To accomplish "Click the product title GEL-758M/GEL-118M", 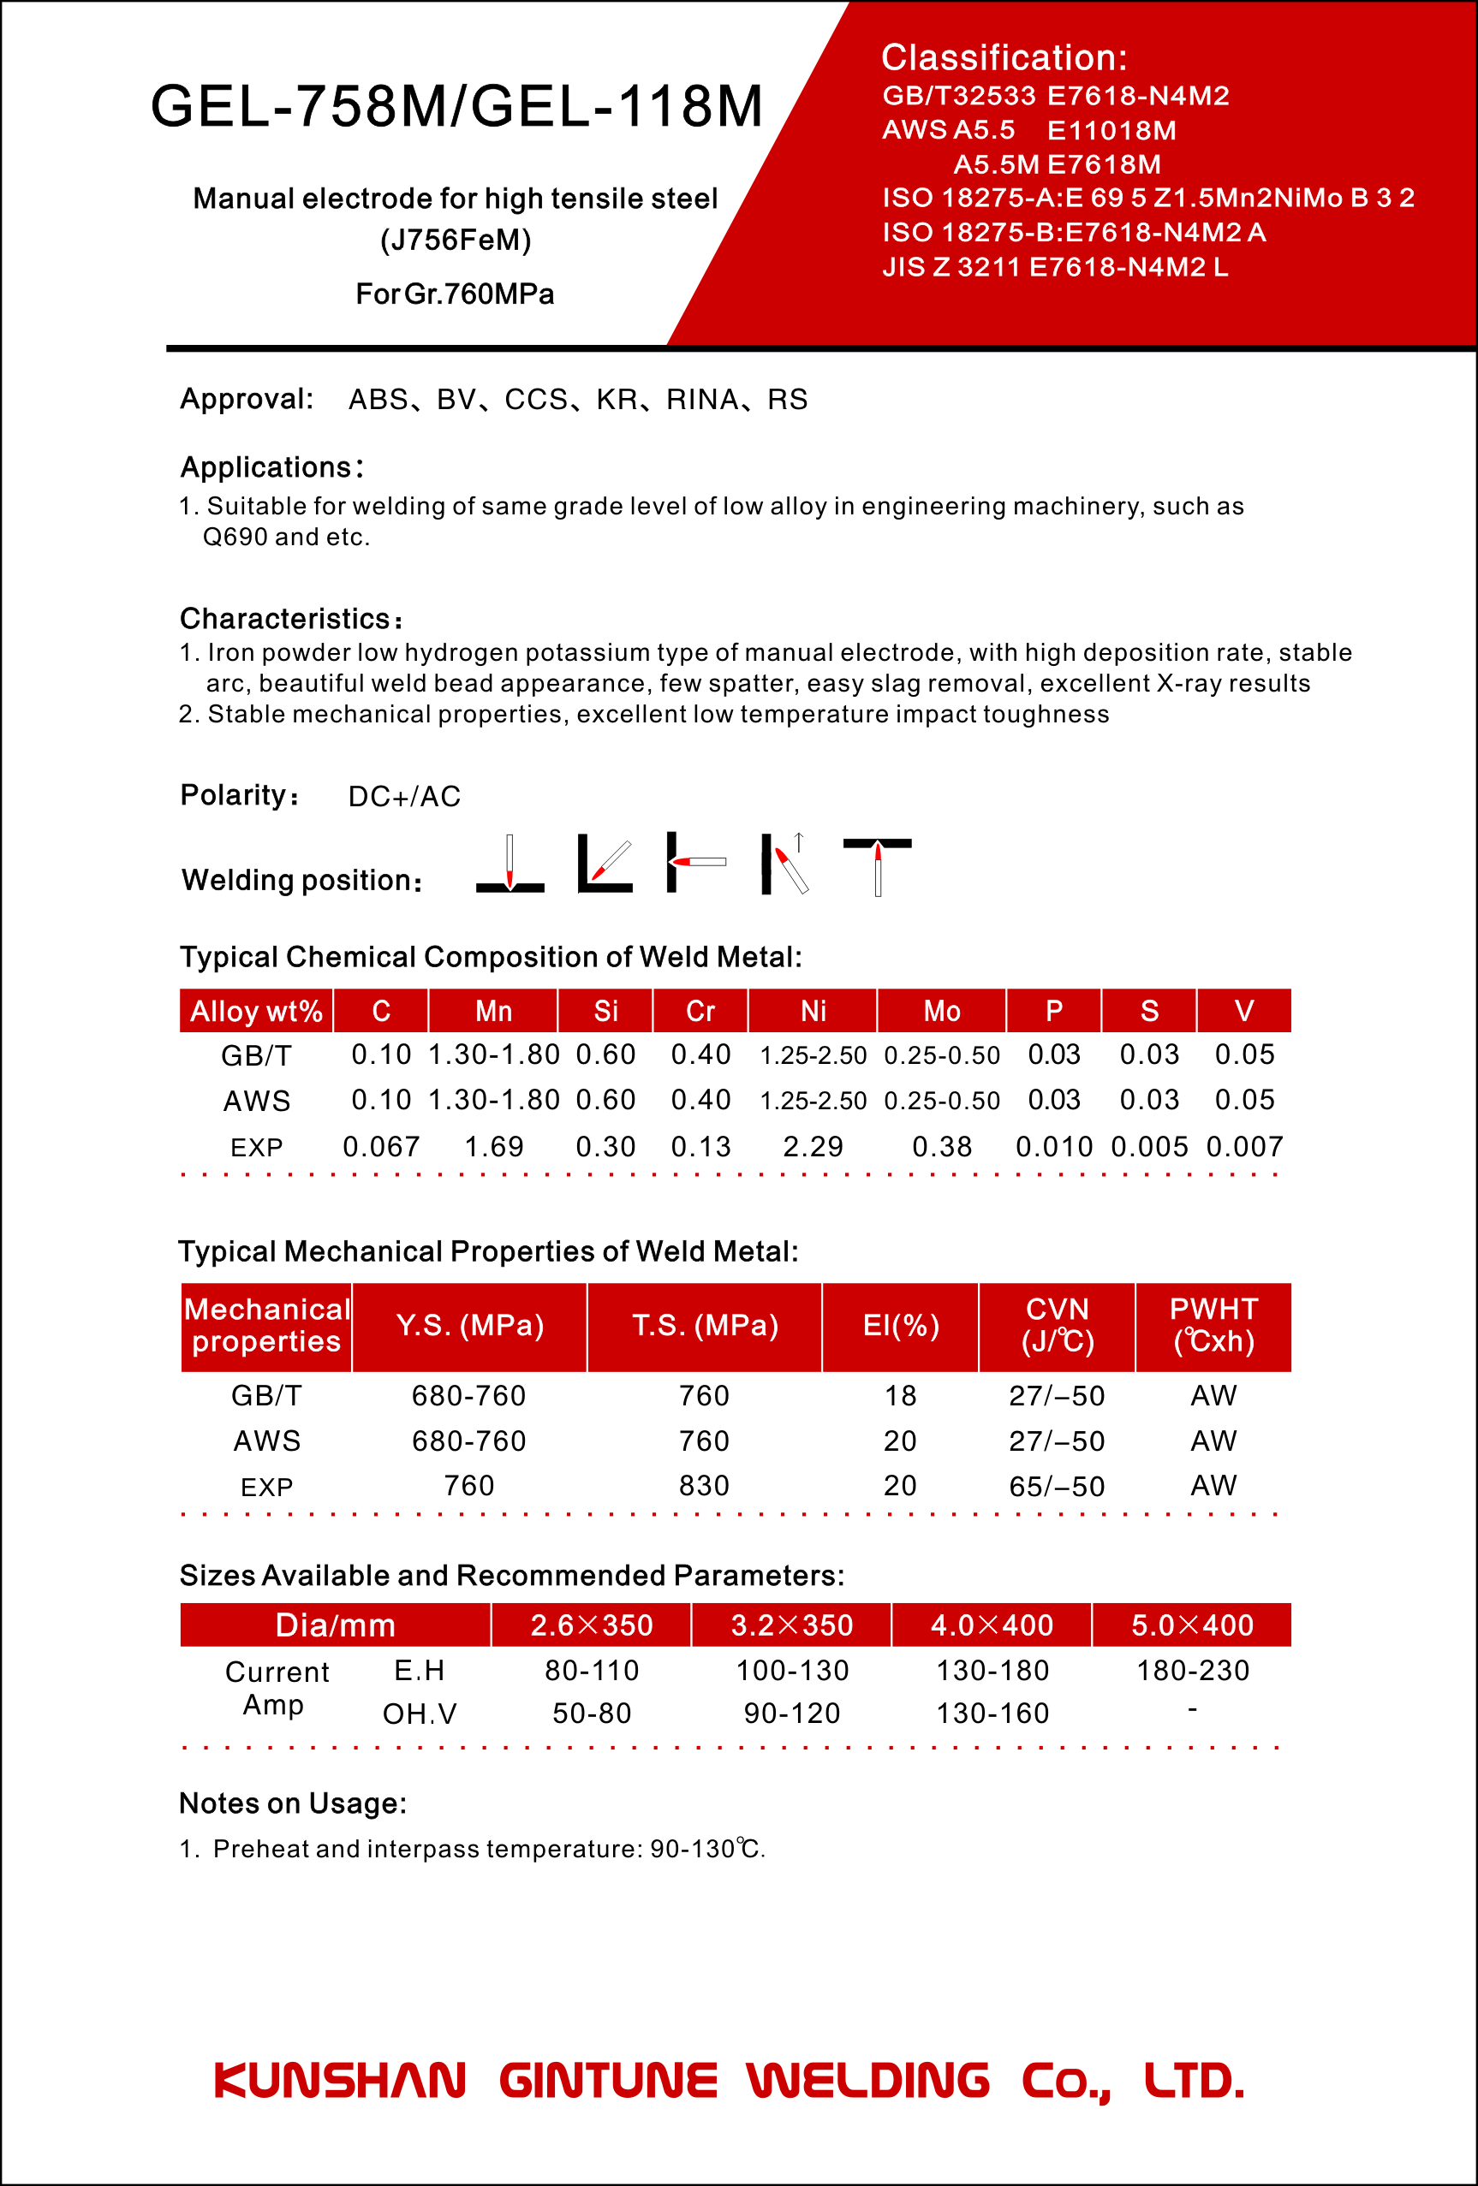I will (456, 106).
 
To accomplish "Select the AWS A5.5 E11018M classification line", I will (1028, 130).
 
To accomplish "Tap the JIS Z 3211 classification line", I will (1055, 267).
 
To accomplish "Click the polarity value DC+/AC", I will (404, 797).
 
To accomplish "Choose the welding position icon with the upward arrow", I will (785, 864).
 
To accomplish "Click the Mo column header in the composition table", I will (942, 1011).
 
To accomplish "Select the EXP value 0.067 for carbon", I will (381, 1147).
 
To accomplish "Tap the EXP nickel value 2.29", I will (813, 1147).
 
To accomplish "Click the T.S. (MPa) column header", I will (705, 1325).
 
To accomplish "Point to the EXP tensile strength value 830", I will (705, 1485).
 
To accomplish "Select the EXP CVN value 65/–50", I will (1057, 1486).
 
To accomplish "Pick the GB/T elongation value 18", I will (900, 1395).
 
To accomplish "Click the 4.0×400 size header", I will (992, 1625).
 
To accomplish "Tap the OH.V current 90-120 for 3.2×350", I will (792, 1713).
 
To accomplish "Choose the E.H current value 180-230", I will (1192, 1671).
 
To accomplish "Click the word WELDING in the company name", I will (868, 2080).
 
